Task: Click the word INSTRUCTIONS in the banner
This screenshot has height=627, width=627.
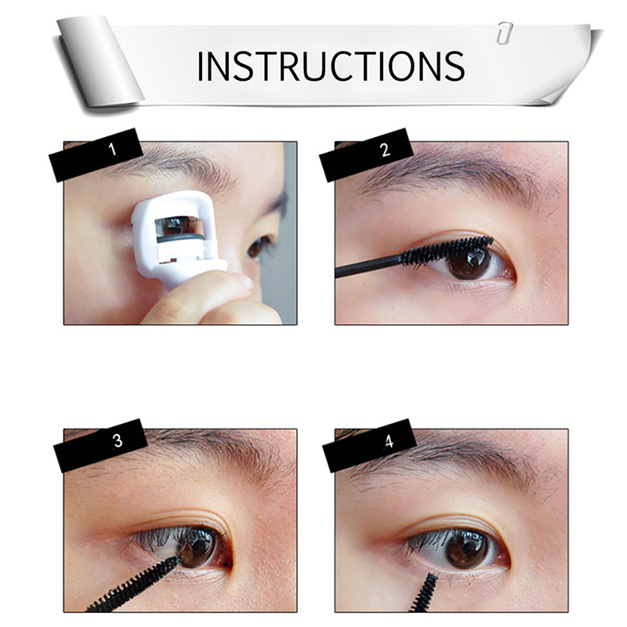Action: coord(331,66)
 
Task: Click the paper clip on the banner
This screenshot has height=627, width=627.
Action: coord(505,32)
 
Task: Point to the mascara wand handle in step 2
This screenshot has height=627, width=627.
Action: coord(368,267)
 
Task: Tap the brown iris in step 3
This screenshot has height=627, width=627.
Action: coord(198,548)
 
